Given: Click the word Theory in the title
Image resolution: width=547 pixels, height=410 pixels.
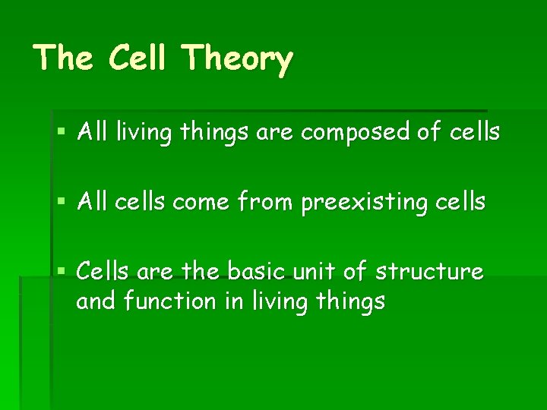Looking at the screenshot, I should click(x=238, y=58).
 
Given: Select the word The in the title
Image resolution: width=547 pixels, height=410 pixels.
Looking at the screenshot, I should click(x=64, y=58).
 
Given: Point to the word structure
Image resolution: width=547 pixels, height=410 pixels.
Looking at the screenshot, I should click(x=429, y=271).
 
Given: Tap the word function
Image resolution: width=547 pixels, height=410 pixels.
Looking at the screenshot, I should click(x=169, y=301).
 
